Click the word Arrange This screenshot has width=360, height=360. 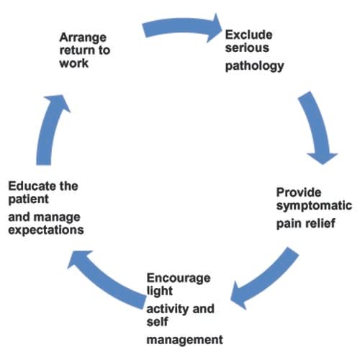click(x=83, y=38)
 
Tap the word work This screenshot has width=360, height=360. click(x=74, y=63)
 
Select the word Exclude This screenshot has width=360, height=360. click(x=248, y=35)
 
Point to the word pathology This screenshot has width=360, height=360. click(x=255, y=66)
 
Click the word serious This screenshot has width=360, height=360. click(x=247, y=48)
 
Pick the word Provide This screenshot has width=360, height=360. click(x=299, y=192)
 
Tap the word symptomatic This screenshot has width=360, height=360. click(x=314, y=206)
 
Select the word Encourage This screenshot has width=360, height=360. click(x=179, y=279)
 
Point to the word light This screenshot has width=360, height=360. click(x=160, y=291)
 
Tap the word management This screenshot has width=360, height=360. click(x=185, y=340)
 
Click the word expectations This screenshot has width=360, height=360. click(x=46, y=230)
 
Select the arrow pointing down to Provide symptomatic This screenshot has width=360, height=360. click(x=317, y=127)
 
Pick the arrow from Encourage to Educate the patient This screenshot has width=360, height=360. click(x=106, y=282)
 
